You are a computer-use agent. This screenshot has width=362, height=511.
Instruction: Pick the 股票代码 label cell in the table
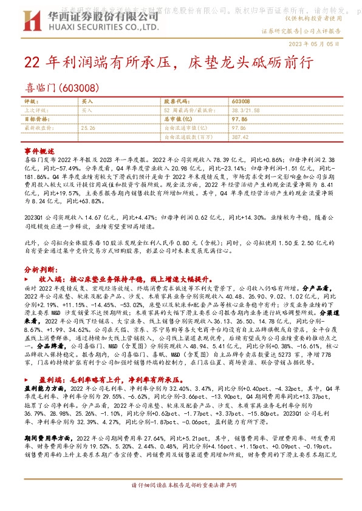177,101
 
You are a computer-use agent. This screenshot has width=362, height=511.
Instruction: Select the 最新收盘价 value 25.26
89,129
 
